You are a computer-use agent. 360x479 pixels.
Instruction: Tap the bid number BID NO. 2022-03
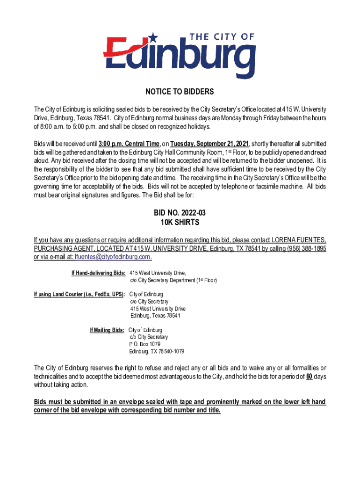coord(180,213)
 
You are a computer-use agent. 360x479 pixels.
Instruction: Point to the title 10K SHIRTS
coord(180,223)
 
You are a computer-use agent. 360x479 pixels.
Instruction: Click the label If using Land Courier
coord(79,294)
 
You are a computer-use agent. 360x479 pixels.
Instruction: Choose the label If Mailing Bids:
coord(107,330)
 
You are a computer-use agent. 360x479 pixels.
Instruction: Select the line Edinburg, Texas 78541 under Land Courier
coord(155,316)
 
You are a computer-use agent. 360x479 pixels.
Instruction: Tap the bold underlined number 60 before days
coord(309,377)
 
